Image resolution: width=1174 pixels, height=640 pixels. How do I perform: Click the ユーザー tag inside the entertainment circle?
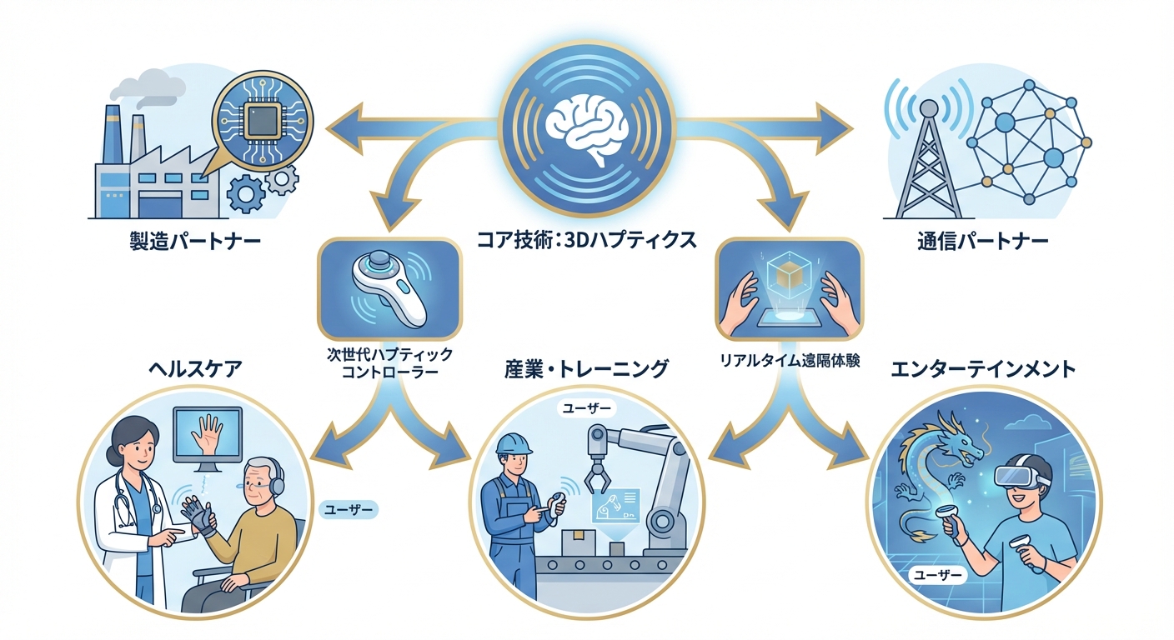click(x=939, y=575)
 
